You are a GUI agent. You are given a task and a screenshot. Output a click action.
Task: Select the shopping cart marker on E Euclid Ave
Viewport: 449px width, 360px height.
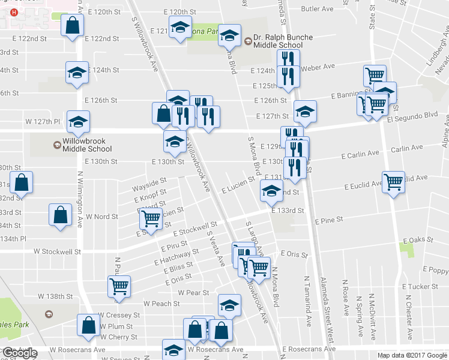click(x=394, y=182)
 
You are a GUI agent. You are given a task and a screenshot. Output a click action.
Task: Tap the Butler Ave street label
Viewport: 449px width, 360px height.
click(x=317, y=9)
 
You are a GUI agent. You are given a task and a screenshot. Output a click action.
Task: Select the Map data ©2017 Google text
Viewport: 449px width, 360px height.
click(x=412, y=355)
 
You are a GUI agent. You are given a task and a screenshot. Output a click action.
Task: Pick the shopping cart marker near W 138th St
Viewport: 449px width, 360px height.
click(x=119, y=286)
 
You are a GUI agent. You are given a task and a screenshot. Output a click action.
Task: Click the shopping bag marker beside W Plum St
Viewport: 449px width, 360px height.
click(x=89, y=325)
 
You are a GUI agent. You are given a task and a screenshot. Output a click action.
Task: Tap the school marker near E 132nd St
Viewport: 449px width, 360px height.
click(x=271, y=191)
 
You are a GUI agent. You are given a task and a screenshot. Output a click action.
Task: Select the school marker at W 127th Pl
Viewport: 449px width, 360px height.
click(x=78, y=122)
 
